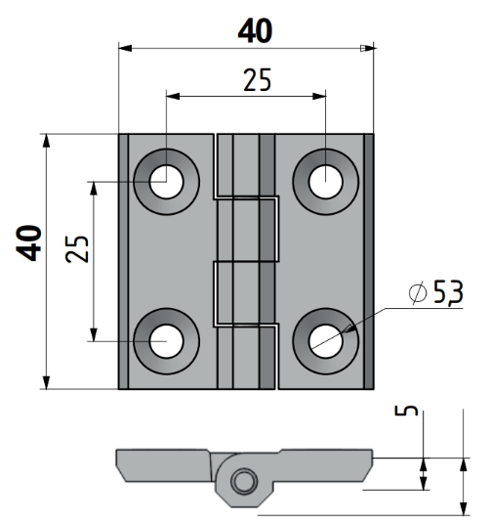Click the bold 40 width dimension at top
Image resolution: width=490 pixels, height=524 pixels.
(x=255, y=31)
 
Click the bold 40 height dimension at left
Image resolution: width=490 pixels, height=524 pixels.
(x=29, y=242)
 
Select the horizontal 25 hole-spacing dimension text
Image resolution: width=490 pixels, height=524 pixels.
(x=257, y=80)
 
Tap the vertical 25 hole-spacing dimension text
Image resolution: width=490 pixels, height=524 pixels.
(x=77, y=249)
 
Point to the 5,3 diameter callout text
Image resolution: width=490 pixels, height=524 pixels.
(x=448, y=291)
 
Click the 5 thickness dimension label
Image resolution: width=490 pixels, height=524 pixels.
(x=406, y=410)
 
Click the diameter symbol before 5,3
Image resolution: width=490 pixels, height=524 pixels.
(x=418, y=292)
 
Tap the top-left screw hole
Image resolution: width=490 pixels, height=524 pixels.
(x=167, y=182)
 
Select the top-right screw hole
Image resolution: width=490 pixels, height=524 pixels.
(x=326, y=182)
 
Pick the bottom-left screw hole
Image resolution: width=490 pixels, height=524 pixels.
(x=167, y=341)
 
